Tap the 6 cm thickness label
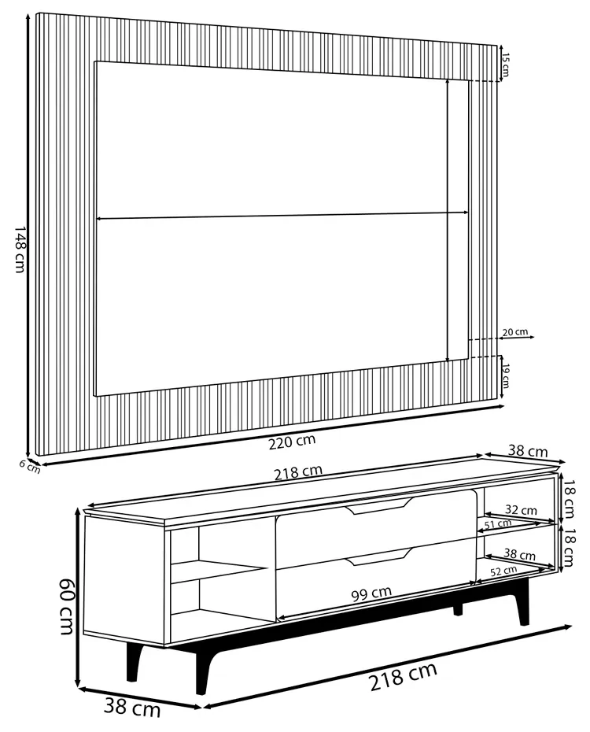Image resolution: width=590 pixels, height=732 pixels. [x=29, y=466]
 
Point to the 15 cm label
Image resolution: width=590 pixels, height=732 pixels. [x=506, y=64]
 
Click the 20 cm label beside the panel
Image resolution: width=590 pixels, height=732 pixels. [x=514, y=332]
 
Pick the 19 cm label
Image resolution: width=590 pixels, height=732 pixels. [x=506, y=375]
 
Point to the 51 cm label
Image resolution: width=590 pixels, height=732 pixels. [x=499, y=523]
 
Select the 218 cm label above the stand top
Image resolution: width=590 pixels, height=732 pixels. [x=298, y=471]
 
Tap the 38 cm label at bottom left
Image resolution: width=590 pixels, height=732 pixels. [x=132, y=708]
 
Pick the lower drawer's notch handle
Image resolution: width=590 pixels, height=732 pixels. [x=379, y=558]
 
